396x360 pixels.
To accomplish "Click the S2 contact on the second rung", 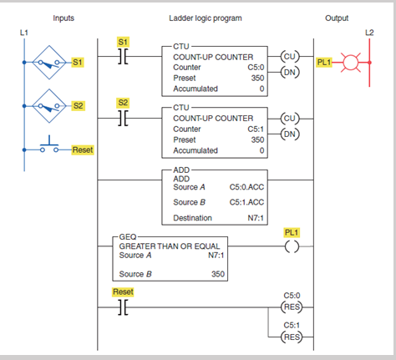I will click(123, 119).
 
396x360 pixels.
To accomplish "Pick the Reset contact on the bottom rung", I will click(123, 307).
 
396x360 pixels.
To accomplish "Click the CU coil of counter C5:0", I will click(290, 57).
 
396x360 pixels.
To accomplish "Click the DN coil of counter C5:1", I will click(290, 133).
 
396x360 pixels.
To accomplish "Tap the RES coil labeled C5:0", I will click(290, 306).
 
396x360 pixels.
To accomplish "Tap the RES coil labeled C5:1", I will click(290, 338).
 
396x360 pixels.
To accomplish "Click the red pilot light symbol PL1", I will click(352, 62).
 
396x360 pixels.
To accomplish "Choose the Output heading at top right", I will click(337, 18).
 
